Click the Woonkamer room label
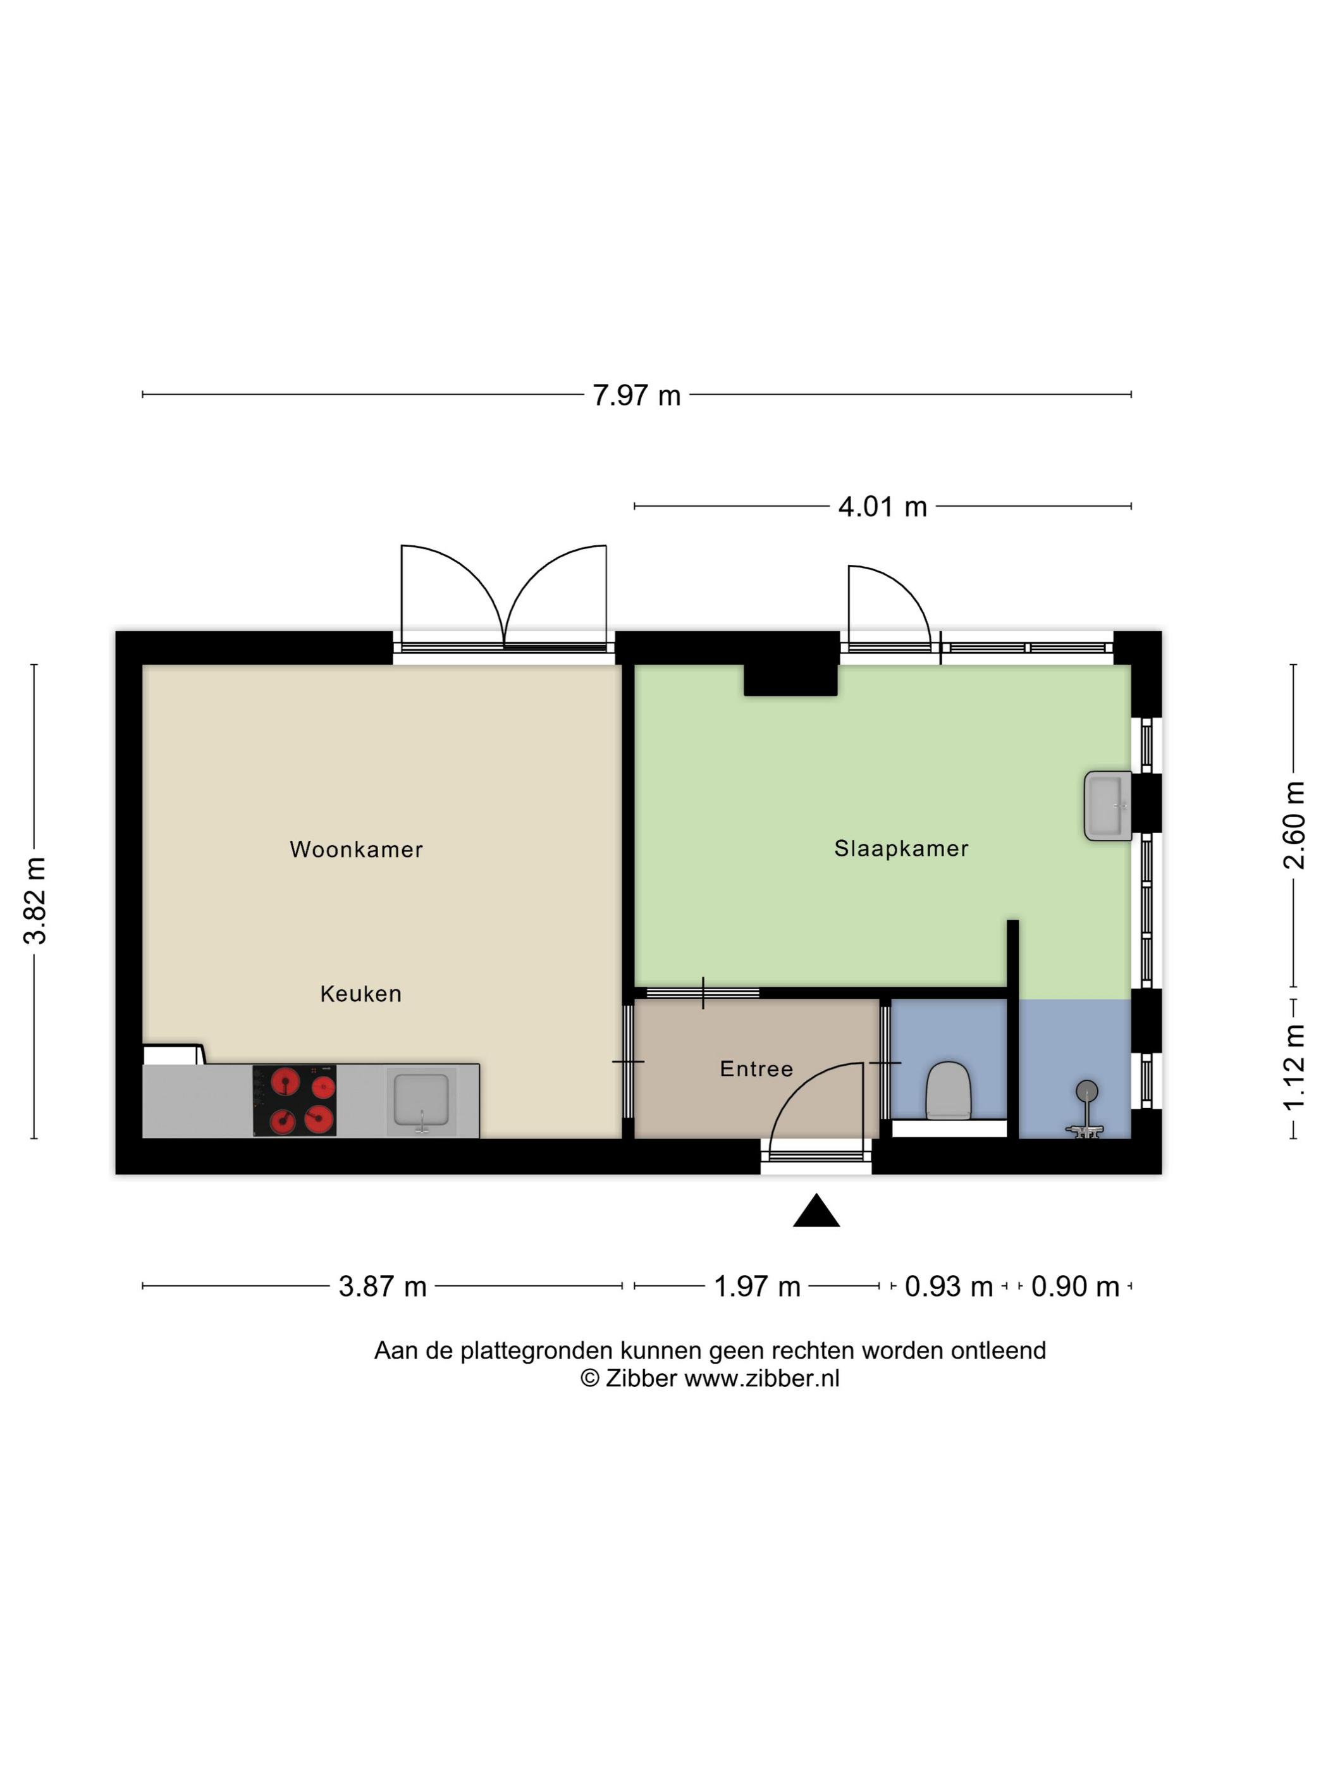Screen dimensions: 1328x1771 [356, 849]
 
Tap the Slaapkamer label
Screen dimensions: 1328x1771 [901, 848]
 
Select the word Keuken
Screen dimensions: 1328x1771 [361, 994]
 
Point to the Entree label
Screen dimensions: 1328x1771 [756, 1068]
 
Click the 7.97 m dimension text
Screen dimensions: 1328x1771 [636, 395]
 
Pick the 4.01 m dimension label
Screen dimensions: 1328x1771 [882, 507]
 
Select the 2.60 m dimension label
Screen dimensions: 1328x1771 [1294, 825]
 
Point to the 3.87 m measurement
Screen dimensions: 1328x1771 [383, 1286]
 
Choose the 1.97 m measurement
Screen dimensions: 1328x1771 [756, 1286]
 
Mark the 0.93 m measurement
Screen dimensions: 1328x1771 [949, 1286]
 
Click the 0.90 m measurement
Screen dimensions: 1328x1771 [1075, 1286]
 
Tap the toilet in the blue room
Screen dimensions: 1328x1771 [949, 1090]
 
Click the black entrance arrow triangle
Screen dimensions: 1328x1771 [816, 1212]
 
